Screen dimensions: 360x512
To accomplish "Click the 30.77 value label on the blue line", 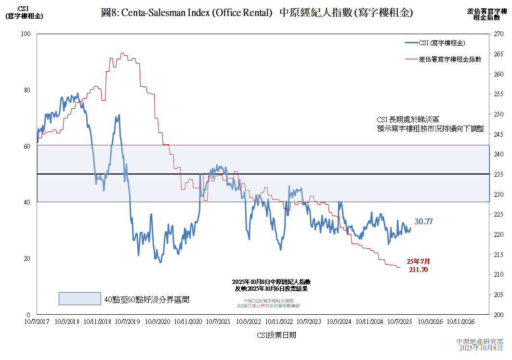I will [423, 222].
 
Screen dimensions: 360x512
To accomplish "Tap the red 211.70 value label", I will [418, 270].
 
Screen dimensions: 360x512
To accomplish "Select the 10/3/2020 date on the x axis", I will [158, 321].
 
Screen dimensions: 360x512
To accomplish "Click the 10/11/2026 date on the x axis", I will [460, 321].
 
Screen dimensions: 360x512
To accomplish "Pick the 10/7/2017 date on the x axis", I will [37, 321].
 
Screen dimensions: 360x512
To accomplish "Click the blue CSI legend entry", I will [441, 43].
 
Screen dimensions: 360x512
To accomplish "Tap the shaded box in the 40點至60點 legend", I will [79, 298].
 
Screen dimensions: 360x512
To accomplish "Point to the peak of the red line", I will [122, 53].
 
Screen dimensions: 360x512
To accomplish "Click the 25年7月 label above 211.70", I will [418, 261].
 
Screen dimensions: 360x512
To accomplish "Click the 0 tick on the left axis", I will [27, 314].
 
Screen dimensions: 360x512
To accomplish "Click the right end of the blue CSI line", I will [410, 228].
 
